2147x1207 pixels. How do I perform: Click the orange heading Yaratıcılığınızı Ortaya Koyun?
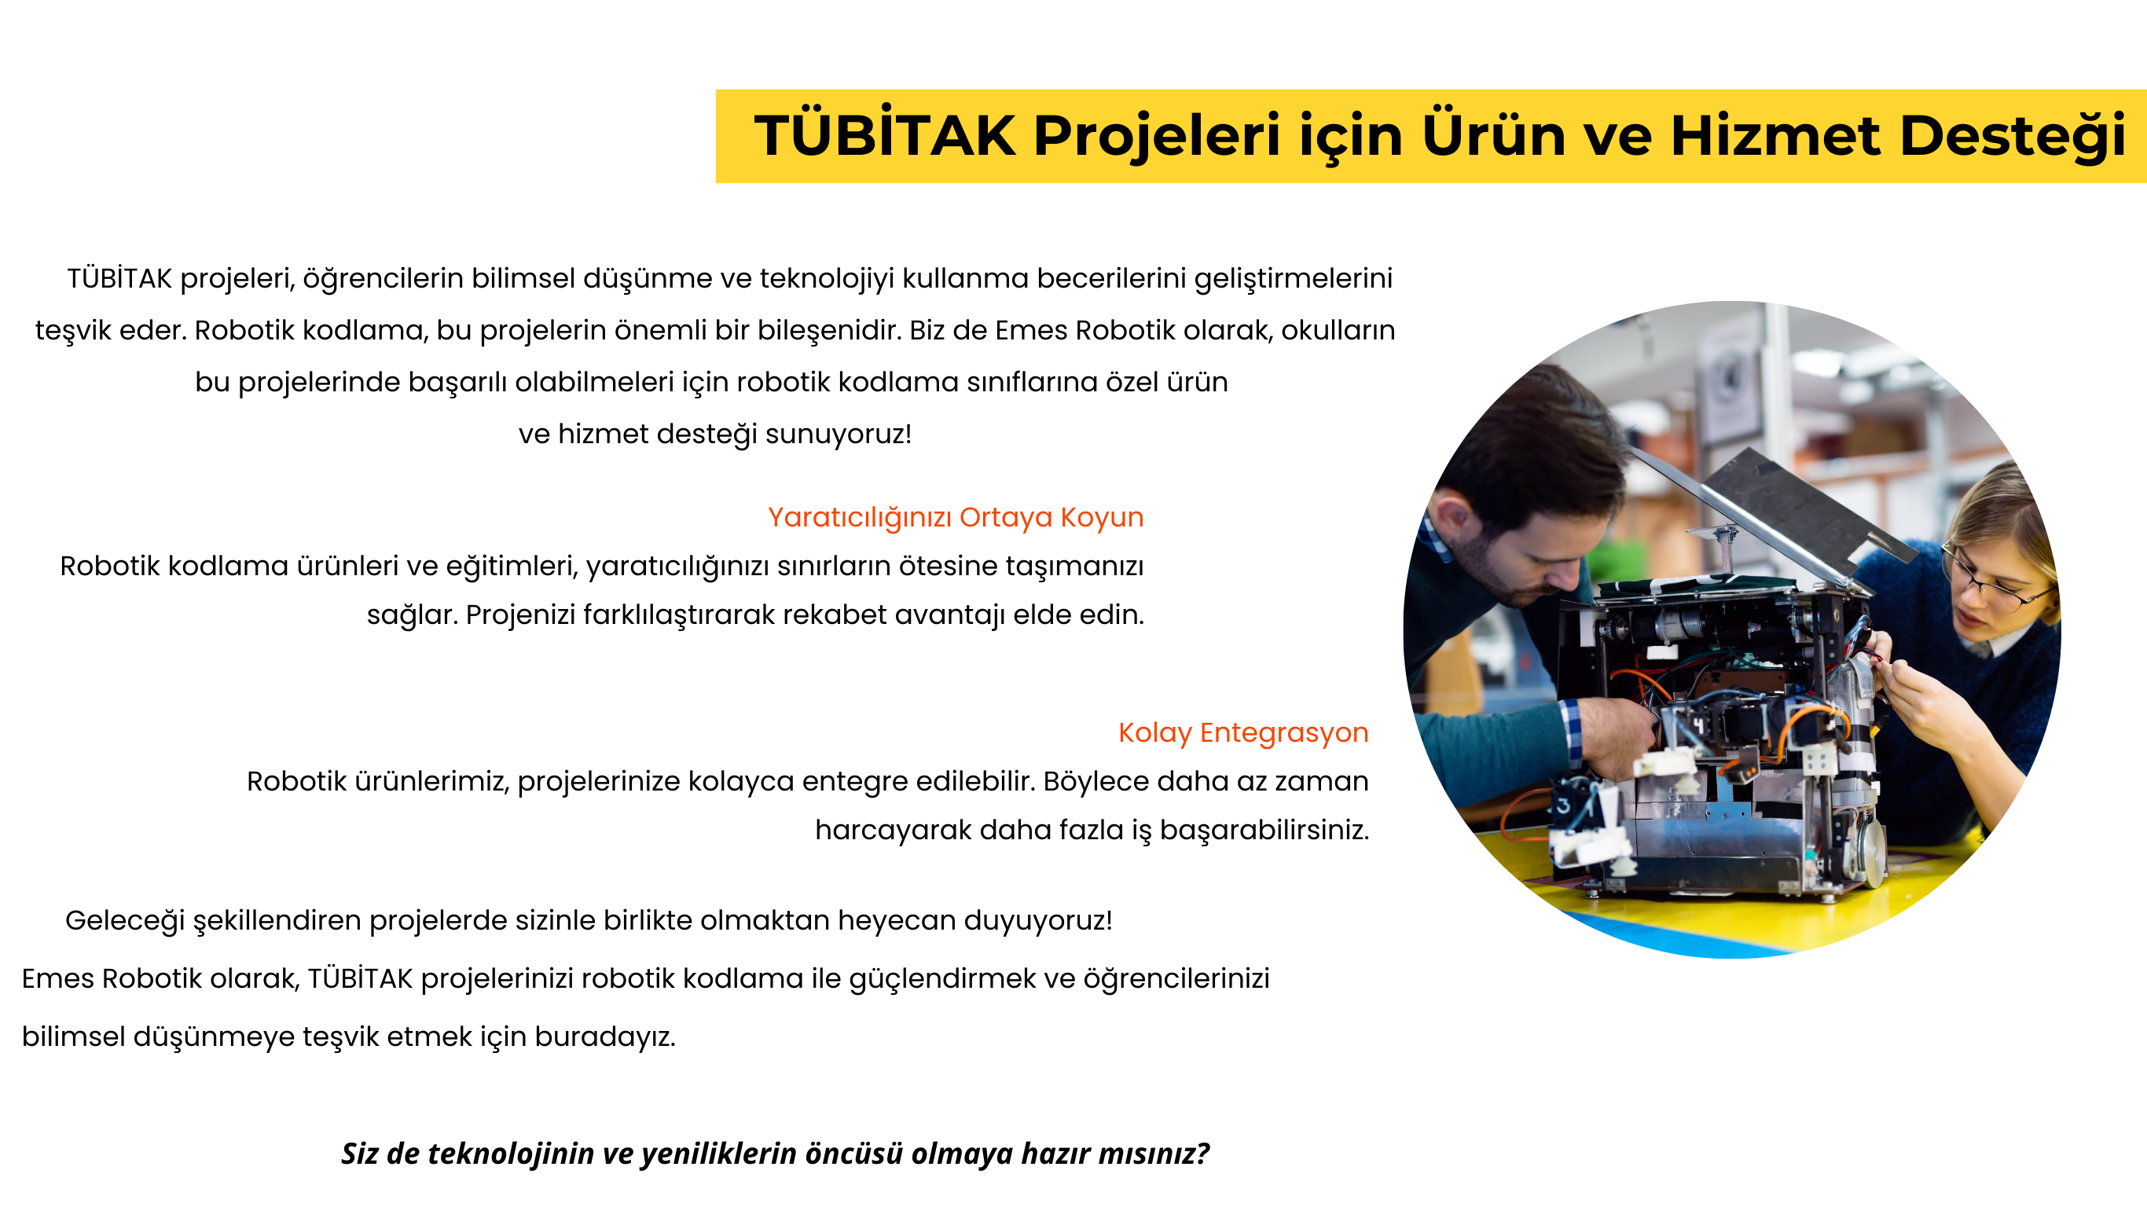[x=955, y=518]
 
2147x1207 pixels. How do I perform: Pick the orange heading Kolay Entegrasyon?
[x=1242, y=732]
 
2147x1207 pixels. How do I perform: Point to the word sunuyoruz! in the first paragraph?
[x=838, y=435]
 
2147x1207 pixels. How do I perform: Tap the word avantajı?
[x=949, y=615]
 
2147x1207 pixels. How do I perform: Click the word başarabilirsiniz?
[x=1264, y=831]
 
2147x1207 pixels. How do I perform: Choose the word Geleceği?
[x=125, y=921]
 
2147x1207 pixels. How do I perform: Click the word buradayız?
[x=604, y=1037]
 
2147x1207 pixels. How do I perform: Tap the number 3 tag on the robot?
[x=1563, y=805]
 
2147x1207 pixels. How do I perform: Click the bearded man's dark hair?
[x=1533, y=442]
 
